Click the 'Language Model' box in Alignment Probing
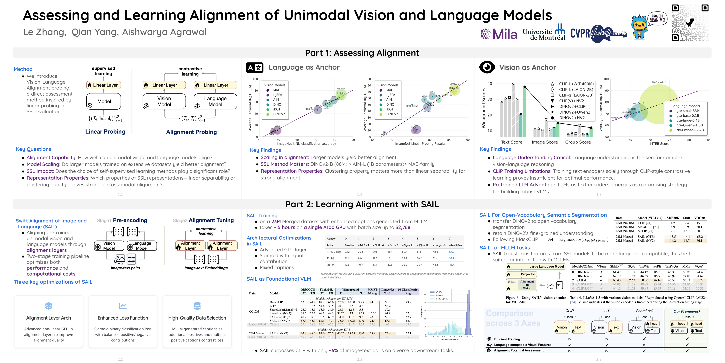(x=215, y=102)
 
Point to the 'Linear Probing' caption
(x=105, y=132)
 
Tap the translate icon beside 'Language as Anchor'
(x=255, y=67)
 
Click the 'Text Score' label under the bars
(x=511, y=142)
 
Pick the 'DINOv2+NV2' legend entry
(x=572, y=118)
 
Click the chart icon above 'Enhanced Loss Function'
(x=123, y=306)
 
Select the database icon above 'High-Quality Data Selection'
(x=197, y=306)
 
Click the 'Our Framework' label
(x=687, y=311)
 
